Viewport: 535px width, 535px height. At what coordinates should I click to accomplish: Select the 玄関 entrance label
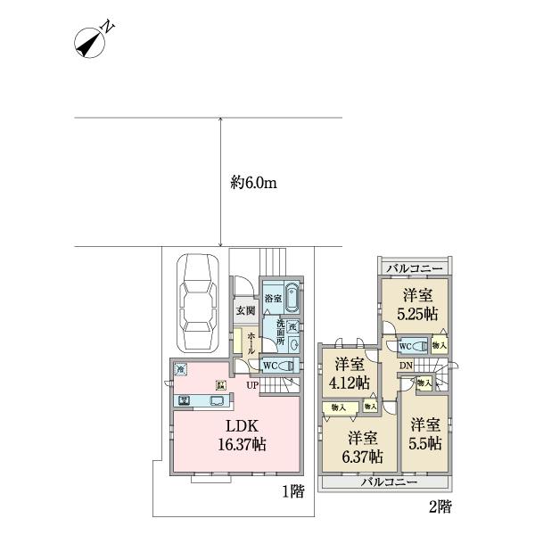(244, 310)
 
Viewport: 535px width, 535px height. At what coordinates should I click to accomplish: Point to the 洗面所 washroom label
(279, 333)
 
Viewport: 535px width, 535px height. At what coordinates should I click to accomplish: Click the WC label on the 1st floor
(270, 365)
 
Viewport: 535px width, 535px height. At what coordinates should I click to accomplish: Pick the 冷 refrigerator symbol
(182, 367)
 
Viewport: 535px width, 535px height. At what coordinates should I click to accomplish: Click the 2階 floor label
(438, 507)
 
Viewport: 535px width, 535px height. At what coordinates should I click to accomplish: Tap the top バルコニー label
(414, 267)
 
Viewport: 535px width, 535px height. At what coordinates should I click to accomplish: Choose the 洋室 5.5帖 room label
(426, 434)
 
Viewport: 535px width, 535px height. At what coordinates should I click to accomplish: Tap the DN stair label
(406, 366)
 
